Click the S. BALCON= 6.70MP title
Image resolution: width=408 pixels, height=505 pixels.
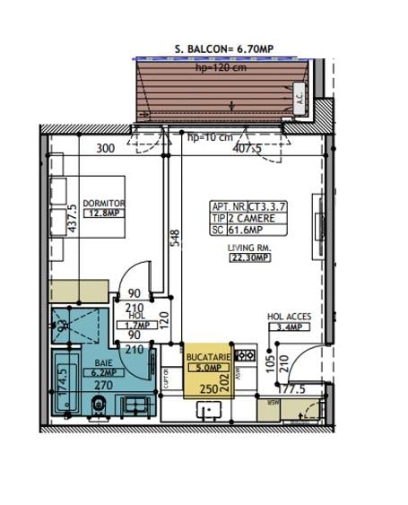(225, 50)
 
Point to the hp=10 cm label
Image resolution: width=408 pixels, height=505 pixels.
(210, 137)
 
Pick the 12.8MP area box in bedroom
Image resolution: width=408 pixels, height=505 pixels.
(103, 213)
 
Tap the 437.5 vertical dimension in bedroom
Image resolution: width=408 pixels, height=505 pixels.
(72, 220)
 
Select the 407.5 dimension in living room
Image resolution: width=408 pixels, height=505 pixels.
(247, 150)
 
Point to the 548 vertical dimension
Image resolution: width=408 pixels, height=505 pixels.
(176, 236)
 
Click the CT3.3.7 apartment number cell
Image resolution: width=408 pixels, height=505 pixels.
(279, 205)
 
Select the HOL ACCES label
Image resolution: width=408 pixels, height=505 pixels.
(289, 317)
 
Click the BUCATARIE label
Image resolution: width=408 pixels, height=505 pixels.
(208, 356)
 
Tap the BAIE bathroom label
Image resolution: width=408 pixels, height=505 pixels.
(104, 361)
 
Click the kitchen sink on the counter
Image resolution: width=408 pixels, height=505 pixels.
(212, 410)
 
